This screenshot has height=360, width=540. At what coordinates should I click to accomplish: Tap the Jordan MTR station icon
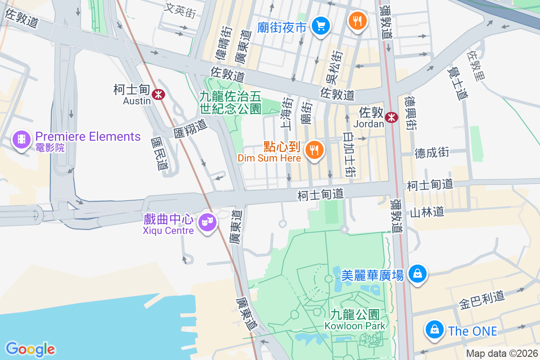(391, 117)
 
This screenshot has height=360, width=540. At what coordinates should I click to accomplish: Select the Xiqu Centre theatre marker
(207, 221)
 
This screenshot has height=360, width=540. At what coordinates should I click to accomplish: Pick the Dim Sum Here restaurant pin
(314, 149)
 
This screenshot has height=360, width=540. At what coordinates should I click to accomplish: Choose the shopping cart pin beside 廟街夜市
(321, 26)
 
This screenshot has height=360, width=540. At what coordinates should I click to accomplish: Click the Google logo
(30, 349)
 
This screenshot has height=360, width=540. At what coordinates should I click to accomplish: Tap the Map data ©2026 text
(501, 354)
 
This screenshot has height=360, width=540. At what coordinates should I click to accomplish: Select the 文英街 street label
(180, 9)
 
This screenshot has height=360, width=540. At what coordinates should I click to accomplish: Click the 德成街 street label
(432, 153)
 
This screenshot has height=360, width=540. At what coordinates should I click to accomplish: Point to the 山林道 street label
(427, 211)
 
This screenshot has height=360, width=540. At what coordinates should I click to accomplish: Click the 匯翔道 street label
(190, 128)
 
